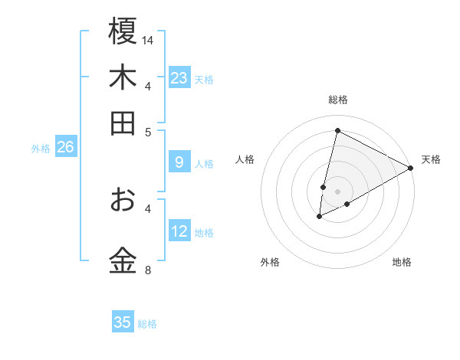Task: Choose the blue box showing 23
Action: (179, 78)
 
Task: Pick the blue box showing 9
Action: (179, 162)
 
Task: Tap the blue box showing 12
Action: (179, 231)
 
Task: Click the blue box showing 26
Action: (65, 148)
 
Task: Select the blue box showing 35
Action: (123, 322)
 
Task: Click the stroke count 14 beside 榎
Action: (149, 39)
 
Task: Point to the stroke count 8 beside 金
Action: (148, 270)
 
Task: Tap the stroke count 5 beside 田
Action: (149, 131)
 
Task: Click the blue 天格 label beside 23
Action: (204, 79)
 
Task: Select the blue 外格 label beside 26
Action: (41, 149)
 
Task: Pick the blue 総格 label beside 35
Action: (147, 323)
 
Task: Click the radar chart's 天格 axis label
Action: (431, 159)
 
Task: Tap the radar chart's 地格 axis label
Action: (402, 262)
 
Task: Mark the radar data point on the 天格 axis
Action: (411, 169)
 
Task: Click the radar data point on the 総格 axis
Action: (337, 130)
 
